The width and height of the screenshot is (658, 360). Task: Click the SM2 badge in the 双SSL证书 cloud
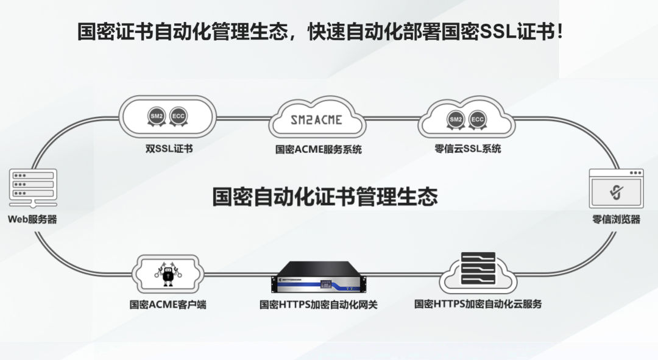157,116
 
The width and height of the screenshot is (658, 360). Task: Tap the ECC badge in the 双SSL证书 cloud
179,116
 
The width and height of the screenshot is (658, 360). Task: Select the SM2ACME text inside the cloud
316,120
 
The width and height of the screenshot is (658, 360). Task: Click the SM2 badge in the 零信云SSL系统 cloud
456,119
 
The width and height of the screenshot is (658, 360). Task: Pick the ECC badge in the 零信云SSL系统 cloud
478,119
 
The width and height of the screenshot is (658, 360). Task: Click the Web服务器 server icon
33,186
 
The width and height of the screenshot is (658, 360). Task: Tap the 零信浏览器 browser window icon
616,189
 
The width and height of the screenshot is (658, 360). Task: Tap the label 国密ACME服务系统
318,149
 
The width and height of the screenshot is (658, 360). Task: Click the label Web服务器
32,219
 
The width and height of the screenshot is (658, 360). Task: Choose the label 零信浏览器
616,219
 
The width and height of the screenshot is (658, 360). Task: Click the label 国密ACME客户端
168,304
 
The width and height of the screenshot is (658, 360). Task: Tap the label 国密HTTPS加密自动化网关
318,305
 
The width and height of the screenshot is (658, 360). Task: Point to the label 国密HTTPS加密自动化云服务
478,304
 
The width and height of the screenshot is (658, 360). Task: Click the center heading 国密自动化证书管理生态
325,197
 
